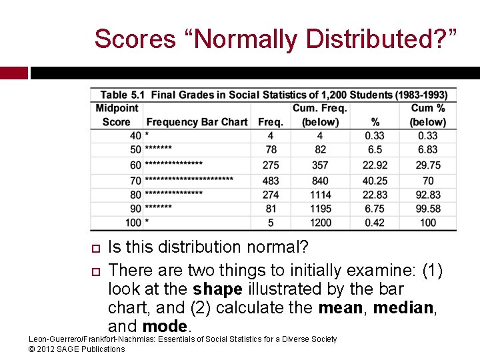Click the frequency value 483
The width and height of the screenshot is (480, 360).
point(271,181)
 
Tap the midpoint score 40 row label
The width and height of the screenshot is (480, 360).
point(135,136)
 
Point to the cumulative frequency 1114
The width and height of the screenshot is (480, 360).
point(320,195)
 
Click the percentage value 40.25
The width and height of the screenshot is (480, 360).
point(375,181)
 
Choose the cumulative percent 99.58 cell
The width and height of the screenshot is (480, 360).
point(428,209)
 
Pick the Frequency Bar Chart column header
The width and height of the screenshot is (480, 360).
point(197,122)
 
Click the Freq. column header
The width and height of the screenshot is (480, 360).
point(271,122)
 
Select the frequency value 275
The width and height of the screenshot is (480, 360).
point(271,165)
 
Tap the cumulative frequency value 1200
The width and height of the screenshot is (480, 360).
point(320,223)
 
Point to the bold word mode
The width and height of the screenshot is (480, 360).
point(165,327)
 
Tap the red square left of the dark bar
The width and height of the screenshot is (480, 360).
point(13,73)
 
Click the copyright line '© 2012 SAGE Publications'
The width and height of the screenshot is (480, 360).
point(77,349)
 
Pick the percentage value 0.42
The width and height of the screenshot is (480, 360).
point(375,223)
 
